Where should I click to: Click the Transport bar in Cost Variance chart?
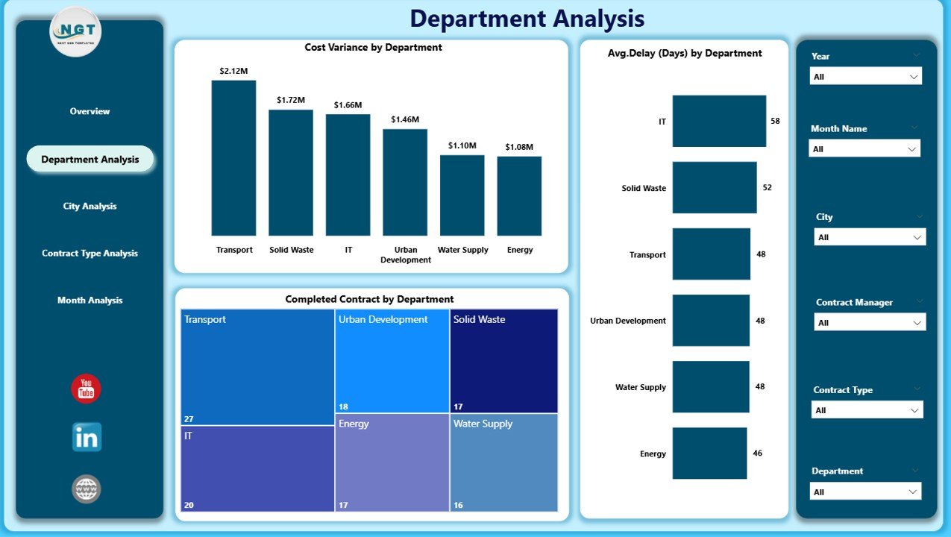pos(233,158)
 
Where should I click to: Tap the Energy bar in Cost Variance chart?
pos(519,196)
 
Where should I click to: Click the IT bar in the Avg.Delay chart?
pos(719,121)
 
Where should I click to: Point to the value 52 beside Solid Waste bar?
pos(768,187)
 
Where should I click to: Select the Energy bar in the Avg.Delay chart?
pos(709,453)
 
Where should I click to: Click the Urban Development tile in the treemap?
pos(392,361)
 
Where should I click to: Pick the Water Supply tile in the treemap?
pos(503,462)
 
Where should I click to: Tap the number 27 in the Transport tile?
pos(189,419)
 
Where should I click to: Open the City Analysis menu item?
pos(90,207)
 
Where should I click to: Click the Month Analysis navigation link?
pos(90,301)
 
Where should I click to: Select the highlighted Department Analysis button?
pos(90,160)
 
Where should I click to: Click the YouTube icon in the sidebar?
pos(86,389)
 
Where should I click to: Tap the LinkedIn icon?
pos(87,438)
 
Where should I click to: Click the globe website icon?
pos(87,489)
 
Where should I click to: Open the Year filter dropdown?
pos(865,77)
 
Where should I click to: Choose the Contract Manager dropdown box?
pos(870,323)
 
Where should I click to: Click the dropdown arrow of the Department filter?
pos(911,492)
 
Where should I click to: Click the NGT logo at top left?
pos(75,31)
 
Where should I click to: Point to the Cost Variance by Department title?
pos(373,48)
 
